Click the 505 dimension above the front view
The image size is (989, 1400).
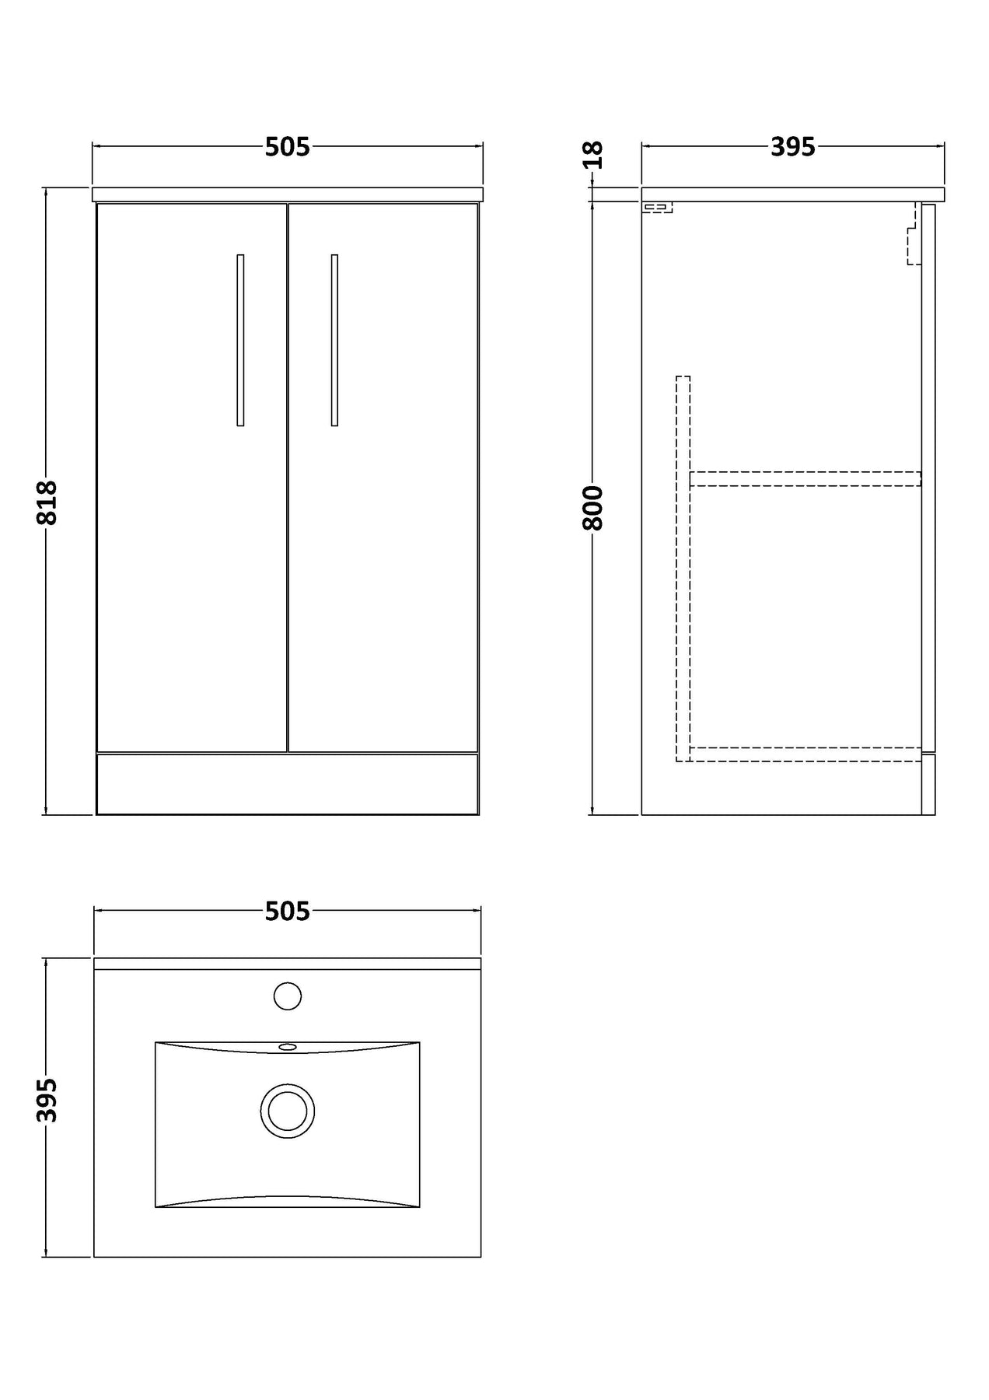(288, 147)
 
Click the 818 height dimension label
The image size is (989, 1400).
(47, 502)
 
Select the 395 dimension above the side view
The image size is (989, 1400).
(793, 147)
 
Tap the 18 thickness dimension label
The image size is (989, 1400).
(593, 155)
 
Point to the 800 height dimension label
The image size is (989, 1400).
(593, 508)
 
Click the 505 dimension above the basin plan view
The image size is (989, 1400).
(288, 911)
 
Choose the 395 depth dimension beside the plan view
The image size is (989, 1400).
(47, 1101)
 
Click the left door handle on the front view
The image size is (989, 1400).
(240, 340)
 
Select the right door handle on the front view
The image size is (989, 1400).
(334, 340)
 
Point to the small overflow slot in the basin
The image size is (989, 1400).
(288, 1047)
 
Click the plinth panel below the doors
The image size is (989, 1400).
(287, 783)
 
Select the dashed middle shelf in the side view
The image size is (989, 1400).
(806, 478)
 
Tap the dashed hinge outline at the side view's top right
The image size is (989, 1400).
(914, 233)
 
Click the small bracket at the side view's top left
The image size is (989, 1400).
(657, 208)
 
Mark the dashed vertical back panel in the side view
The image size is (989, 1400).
(683, 569)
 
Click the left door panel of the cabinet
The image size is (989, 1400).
(192, 478)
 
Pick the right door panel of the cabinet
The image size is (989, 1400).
(383, 478)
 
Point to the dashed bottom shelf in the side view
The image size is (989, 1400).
(806, 754)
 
